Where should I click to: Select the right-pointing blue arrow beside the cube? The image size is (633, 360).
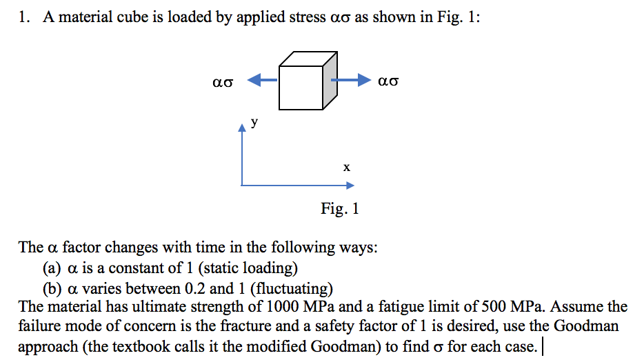pos(352,80)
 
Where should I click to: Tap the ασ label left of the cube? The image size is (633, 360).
pos(224,81)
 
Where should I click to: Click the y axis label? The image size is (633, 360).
pos(254,123)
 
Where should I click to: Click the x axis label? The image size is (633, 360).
pos(347,167)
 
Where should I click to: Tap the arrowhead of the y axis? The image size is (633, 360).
pos(241,128)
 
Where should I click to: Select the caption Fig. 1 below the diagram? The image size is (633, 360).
pos(339,208)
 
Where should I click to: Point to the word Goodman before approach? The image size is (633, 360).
pos(588,326)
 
